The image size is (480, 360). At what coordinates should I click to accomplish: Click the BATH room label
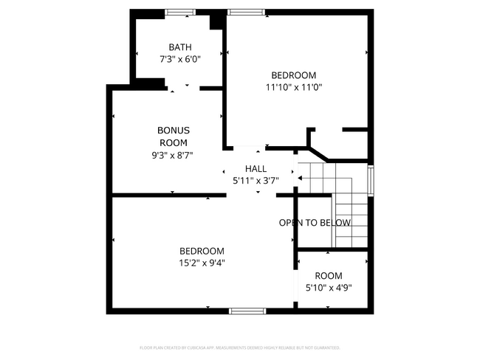pyautogui.click(x=180, y=47)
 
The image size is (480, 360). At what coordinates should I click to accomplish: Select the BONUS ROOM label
pyautogui.click(x=174, y=136)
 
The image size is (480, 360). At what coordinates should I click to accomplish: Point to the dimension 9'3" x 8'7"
pyautogui.click(x=174, y=155)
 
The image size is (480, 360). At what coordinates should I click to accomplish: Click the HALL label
pyautogui.click(x=256, y=169)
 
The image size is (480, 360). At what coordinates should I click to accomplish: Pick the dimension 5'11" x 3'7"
pyautogui.click(x=256, y=180)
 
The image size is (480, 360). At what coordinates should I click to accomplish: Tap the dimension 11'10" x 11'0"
pyautogui.click(x=294, y=86)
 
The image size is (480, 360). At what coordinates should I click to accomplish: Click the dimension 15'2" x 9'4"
pyautogui.click(x=202, y=262)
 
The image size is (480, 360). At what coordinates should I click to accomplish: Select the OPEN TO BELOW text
pyautogui.click(x=315, y=222)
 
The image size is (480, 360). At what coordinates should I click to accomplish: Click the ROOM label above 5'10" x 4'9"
pyautogui.click(x=329, y=276)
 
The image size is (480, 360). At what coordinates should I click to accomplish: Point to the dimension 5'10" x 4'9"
pyautogui.click(x=329, y=288)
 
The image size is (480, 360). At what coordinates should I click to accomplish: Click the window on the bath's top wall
pyautogui.click(x=180, y=12)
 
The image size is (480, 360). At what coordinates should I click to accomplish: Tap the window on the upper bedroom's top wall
pyautogui.click(x=246, y=12)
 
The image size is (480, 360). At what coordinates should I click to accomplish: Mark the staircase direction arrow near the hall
pyautogui.click(x=299, y=178)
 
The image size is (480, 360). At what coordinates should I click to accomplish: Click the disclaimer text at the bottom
pyautogui.click(x=240, y=347)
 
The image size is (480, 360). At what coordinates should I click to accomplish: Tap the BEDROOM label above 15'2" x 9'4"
pyautogui.click(x=202, y=251)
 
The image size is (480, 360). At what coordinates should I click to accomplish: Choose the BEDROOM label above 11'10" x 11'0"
pyautogui.click(x=294, y=75)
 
